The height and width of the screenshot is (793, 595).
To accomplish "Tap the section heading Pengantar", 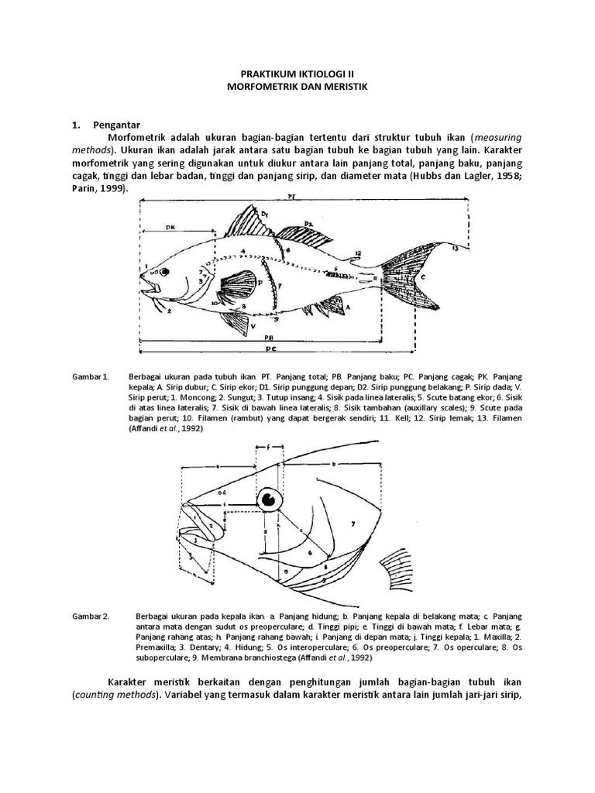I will point(115,123).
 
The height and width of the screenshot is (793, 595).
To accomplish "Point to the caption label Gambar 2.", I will point(91,616).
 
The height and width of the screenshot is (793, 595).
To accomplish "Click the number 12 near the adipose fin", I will point(357,253).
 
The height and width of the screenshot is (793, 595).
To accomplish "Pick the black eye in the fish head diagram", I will point(270,499).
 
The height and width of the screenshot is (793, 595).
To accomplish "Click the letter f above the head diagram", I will point(269,447).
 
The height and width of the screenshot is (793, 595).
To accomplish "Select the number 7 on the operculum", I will point(352,524).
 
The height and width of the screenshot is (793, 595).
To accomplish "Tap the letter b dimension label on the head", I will point(332,463).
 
